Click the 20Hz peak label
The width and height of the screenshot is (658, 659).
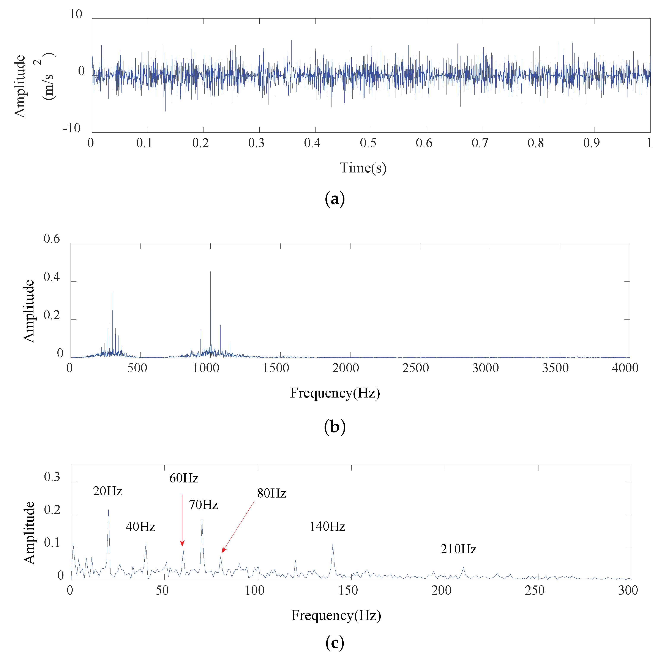tap(107, 491)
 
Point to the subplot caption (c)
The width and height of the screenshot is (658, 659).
tap(335, 643)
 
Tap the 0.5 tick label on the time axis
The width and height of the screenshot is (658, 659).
tap(368, 143)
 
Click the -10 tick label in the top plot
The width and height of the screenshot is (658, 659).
tap(72, 128)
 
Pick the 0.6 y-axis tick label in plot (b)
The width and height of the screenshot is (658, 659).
tap(52, 239)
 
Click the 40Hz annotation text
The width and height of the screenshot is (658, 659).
tap(140, 527)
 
